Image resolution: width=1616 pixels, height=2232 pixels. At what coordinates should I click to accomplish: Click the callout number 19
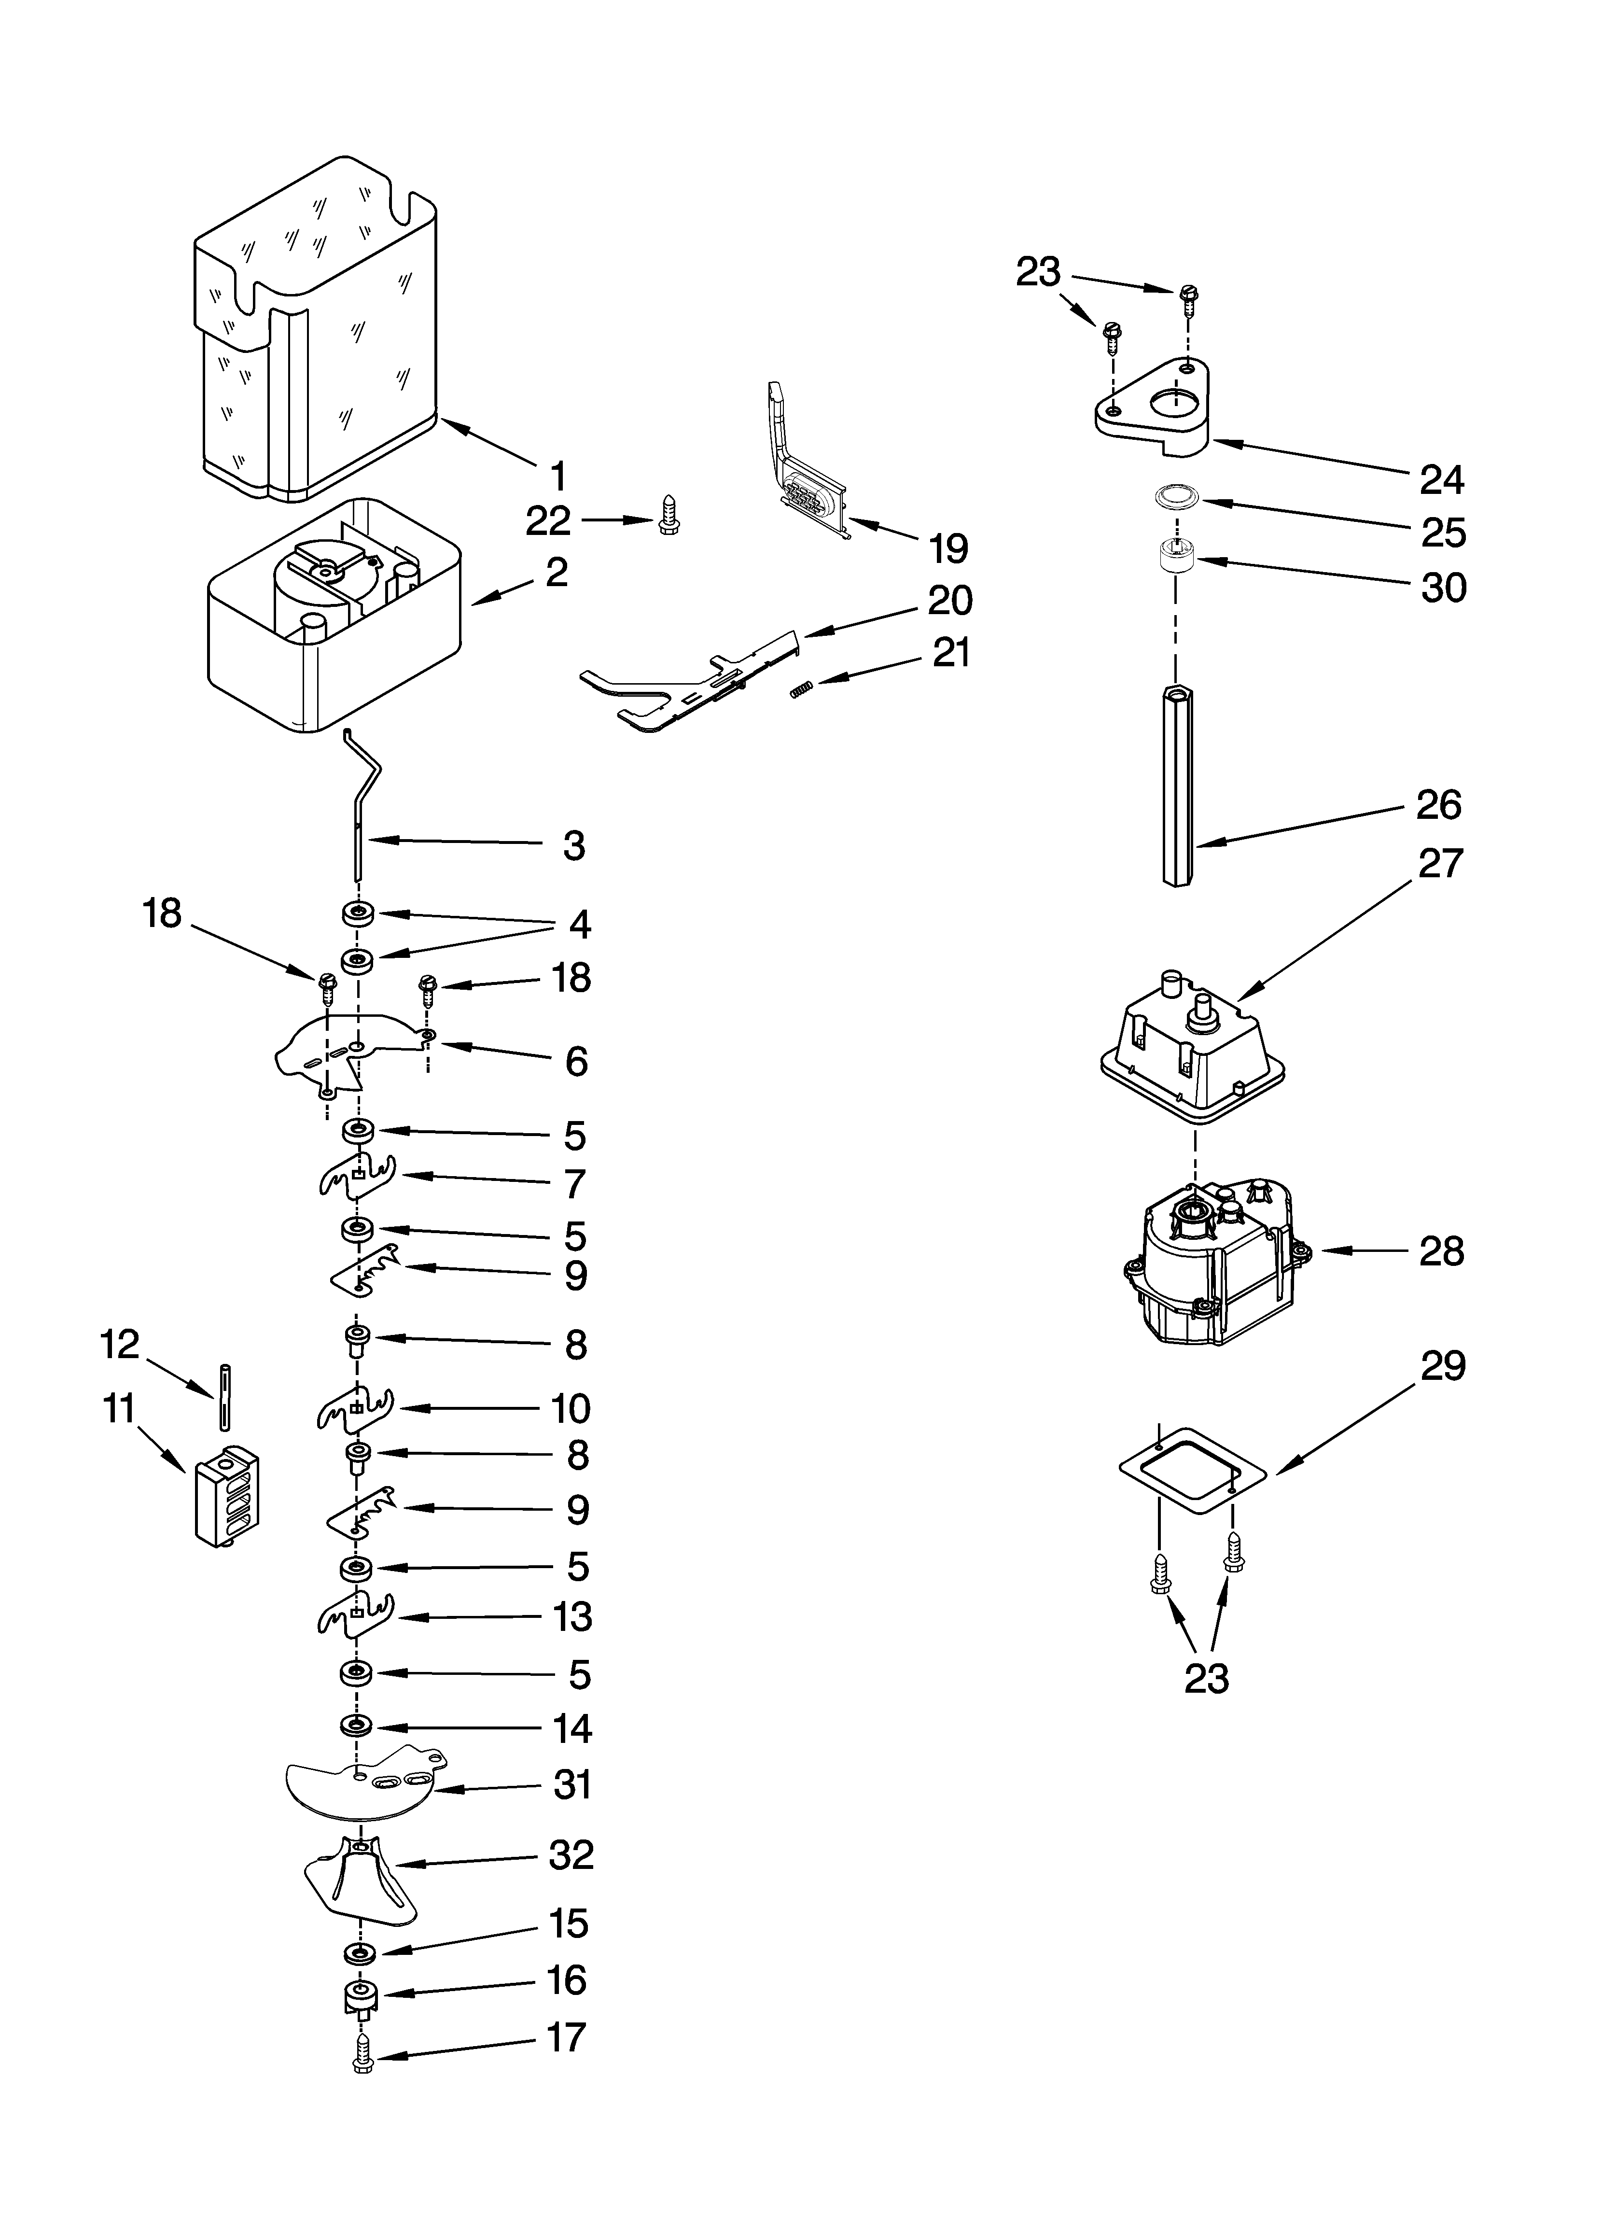(949, 548)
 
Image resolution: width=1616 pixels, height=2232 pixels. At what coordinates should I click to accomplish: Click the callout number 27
(1440, 863)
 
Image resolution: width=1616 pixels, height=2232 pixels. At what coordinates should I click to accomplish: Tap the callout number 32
(571, 1855)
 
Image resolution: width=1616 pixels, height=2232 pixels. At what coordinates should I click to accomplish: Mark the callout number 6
(576, 1062)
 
